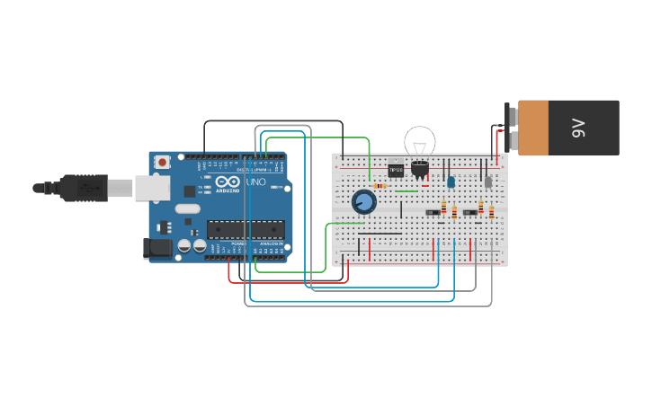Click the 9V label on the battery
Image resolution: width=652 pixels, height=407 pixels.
pyautogui.click(x=579, y=128)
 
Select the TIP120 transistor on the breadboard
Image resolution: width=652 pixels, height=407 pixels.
pyautogui.click(x=396, y=169)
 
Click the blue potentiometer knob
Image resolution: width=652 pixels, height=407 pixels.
pyautogui.click(x=363, y=201)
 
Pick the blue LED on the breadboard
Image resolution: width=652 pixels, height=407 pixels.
pyautogui.click(x=451, y=181)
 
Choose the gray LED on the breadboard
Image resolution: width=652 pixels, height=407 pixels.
pyautogui.click(x=488, y=181)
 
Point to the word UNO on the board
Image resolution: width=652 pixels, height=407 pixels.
pyautogui.click(x=256, y=182)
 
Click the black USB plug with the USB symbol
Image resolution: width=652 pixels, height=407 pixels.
pyautogui.click(x=85, y=188)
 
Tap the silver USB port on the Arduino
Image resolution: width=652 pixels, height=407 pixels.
pyautogui.click(x=151, y=188)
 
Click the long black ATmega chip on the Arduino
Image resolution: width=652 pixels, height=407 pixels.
pyautogui.click(x=246, y=230)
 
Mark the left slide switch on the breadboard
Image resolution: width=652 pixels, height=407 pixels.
pyautogui.click(x=433, y=213)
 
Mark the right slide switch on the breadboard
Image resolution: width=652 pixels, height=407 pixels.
pyautogui.click(x=469, y=213)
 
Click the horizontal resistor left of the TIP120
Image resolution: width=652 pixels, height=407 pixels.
pyautogui.click(x=380, y=186)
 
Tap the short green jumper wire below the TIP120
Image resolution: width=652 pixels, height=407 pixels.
pyautogui.click(x=406, y=190)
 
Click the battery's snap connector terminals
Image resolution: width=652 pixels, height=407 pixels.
pyautogui.click(x=512, y=128)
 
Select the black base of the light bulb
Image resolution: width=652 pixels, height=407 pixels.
pyautogui.click(x=420, y=167)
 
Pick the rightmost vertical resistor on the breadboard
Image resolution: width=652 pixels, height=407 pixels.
pyautogui.click(x=491, y=213)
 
